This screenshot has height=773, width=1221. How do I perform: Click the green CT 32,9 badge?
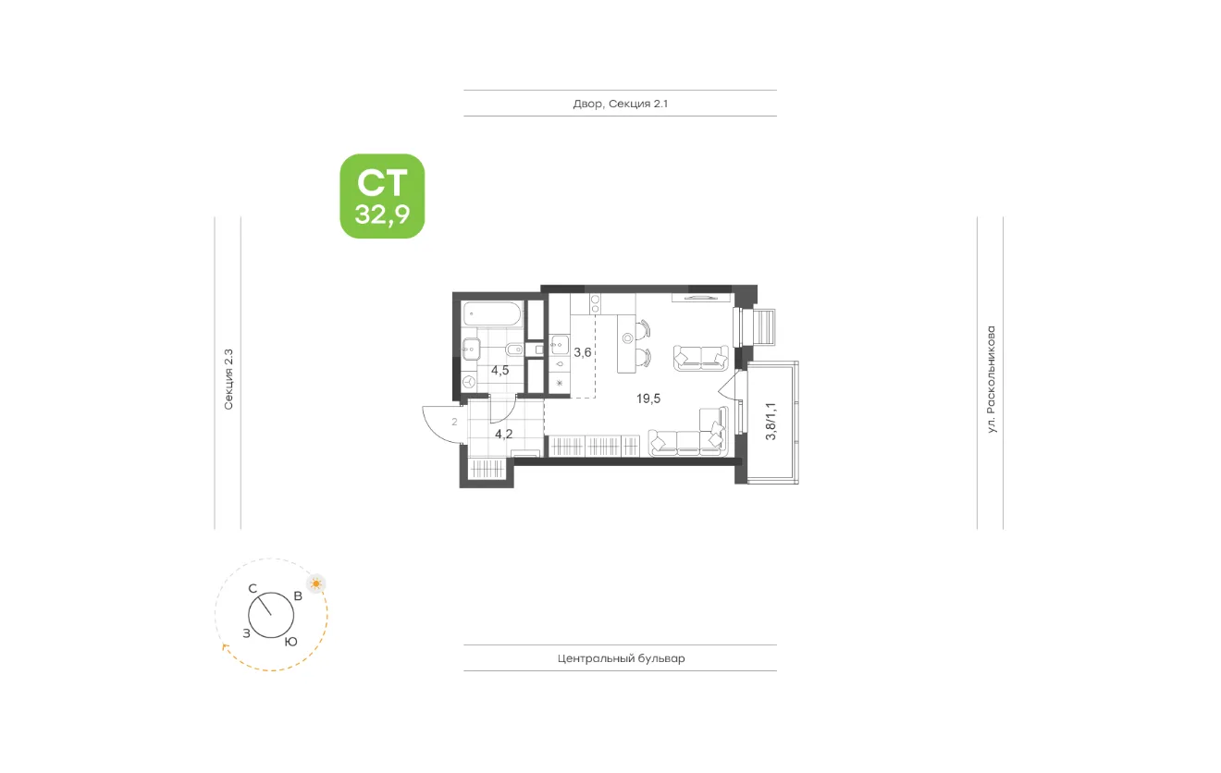click(x=382, y=196)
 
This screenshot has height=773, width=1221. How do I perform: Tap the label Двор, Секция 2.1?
click(x=621, y=104)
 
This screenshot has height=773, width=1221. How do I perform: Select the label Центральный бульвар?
click(x=621, y=658)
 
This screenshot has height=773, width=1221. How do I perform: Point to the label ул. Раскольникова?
click(x=991, y=380)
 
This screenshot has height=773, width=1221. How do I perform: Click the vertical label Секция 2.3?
click(x=228, y=379)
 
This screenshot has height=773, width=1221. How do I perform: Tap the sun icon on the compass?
click(x=316, y=584)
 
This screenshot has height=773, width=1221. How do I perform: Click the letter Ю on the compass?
click(x=291, y=642)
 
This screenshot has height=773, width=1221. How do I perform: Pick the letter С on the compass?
click(x=253, y=588)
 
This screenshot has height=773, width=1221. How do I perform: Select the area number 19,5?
click(x=648, y=399)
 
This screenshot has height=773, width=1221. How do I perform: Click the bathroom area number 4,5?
click(x=499, y=371)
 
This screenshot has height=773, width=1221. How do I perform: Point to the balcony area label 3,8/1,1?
click(x=771, y=421)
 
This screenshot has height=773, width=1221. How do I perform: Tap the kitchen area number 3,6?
click(x=582, y=352)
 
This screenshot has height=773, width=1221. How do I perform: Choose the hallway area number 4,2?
click(x=503, y=435)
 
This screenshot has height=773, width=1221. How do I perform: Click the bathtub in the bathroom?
click(x=493, y=314)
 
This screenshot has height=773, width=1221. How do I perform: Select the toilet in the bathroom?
click(x=513, y=349)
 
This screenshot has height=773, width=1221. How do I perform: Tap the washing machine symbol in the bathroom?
click(x=469, y=381)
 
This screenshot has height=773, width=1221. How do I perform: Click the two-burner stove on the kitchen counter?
click(x=595, y=304)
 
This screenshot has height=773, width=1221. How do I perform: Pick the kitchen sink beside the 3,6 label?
click(x=560, y=344)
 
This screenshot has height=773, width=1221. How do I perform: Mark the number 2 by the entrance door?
click(x=454, y=422)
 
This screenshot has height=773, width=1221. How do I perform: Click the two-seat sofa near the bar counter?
click(x=700, y=358)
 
